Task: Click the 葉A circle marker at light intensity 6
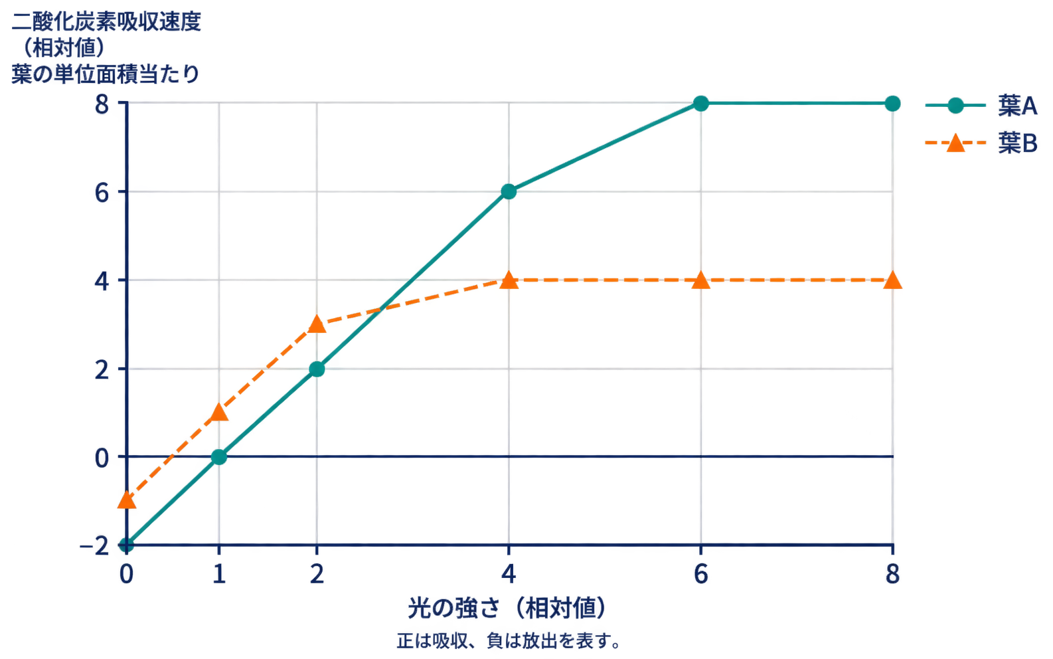click(700, 104)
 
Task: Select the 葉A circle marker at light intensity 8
click(892, 104)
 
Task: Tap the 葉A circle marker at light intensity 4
click(509, 191)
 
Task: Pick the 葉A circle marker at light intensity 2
click(317, 369)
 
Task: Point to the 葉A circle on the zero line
click(219, 456)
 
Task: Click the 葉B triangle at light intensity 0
click(126, 500)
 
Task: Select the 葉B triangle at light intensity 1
click(219, 412)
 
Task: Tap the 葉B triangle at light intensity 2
click(317, 324)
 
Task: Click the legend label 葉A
click(1017, 106)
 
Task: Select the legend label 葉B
click(1017, 143)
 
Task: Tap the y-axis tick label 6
click(102, 193)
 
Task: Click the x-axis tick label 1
click(219, 574)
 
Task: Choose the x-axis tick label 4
click(509, 574)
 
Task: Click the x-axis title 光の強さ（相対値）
click(507, 608)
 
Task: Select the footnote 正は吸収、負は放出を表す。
click(509, 640)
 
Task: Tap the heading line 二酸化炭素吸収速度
click(106, 22)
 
